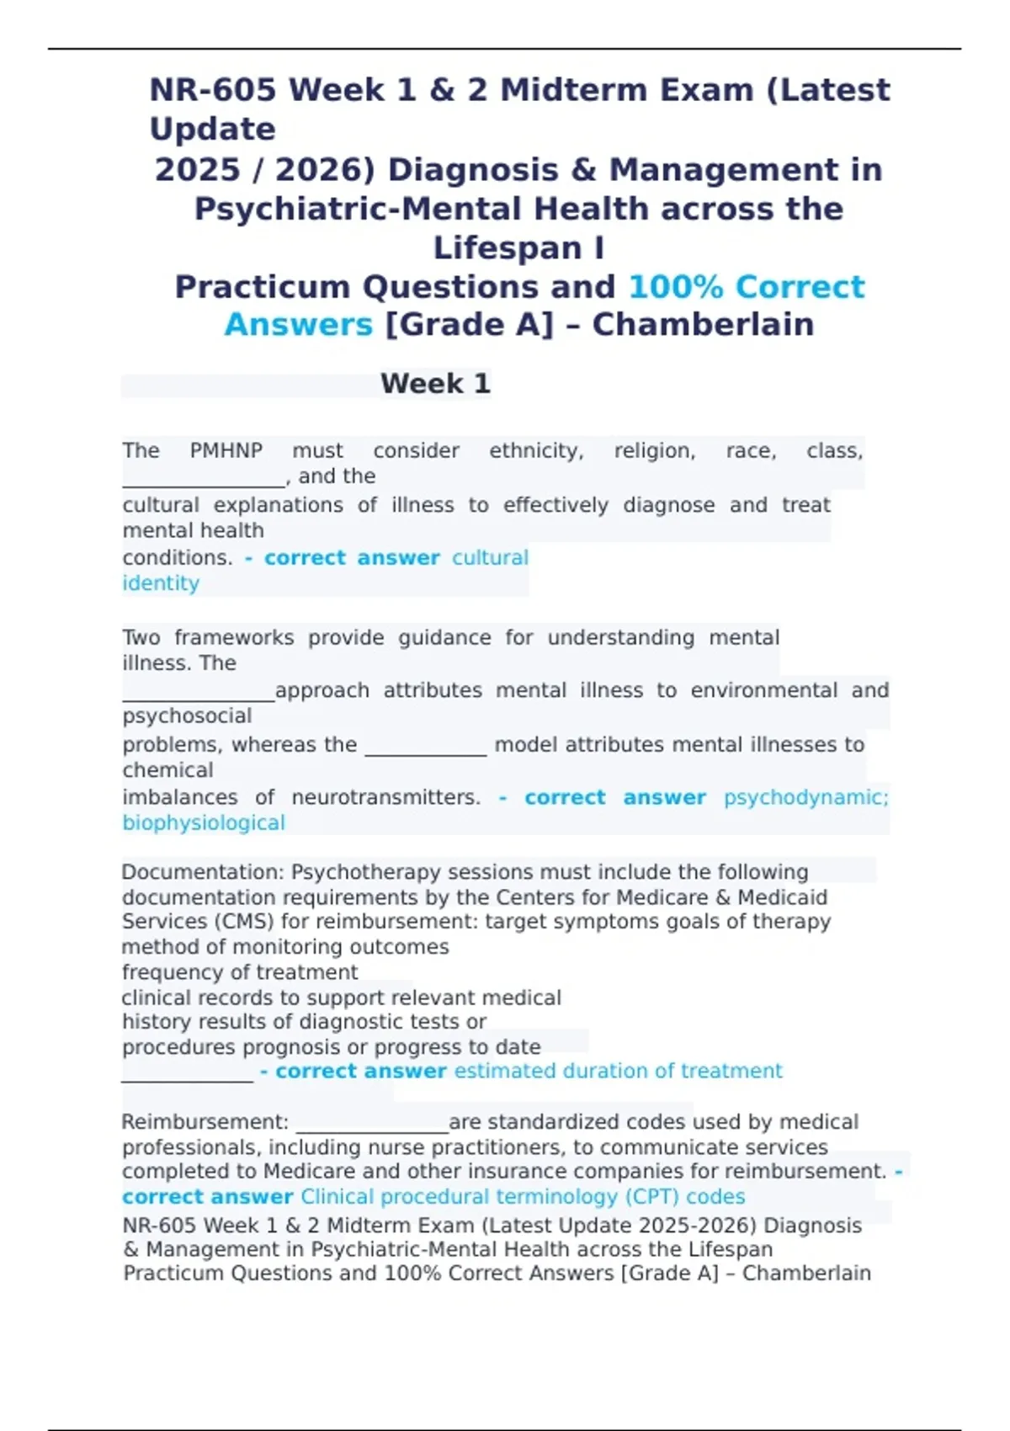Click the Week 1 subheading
pos(435,384)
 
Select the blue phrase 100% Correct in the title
pos(747,287)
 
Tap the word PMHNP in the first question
pos(226,451)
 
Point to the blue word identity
pos(161,583)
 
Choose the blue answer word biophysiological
pos(204,823)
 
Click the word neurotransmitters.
pos(386,797)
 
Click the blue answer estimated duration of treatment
pos(618,1071)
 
